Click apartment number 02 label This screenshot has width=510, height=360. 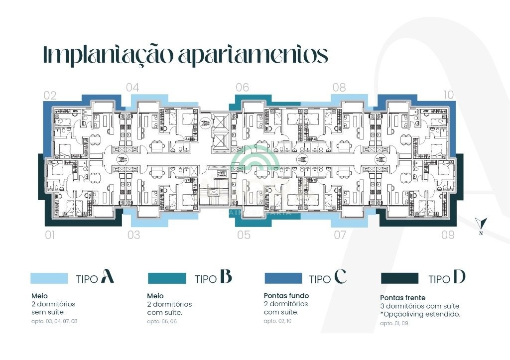(50, 95)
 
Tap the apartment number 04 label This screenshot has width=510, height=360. (132, 88)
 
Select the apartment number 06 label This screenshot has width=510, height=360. (242, 88)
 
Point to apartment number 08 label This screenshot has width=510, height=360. (339, 88)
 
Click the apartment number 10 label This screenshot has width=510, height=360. (448, 95)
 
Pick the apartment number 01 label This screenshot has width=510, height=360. (50, 235)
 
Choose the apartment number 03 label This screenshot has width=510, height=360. (133, 235)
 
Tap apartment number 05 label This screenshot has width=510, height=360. (244, 235)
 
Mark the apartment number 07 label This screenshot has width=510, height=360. (340, 235)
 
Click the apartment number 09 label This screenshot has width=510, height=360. (448, 235)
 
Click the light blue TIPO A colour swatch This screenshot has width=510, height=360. (49, 278)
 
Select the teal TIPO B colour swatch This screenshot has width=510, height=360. (167, 278)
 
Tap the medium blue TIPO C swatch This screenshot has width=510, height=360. (283, 278)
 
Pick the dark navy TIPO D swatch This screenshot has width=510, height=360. (399, 278)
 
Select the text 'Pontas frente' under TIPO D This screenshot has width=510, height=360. (403, 298)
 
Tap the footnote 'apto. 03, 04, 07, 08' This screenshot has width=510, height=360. (54, 321)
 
